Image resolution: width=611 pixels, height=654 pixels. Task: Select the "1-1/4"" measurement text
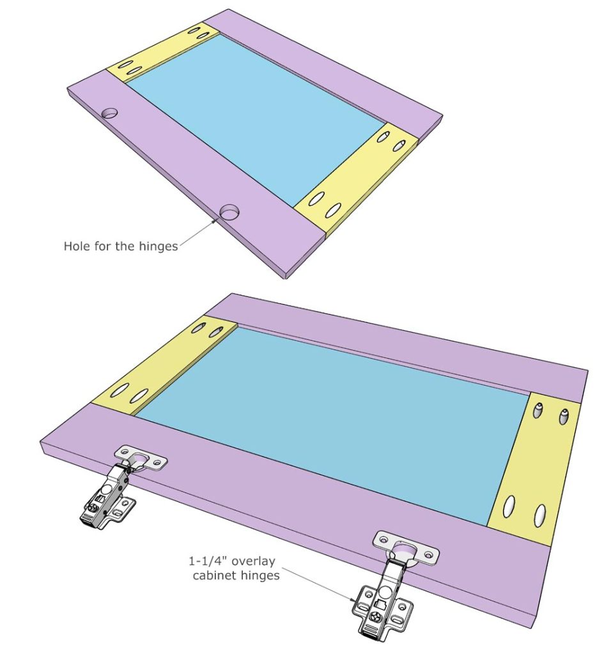coord(210,561)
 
